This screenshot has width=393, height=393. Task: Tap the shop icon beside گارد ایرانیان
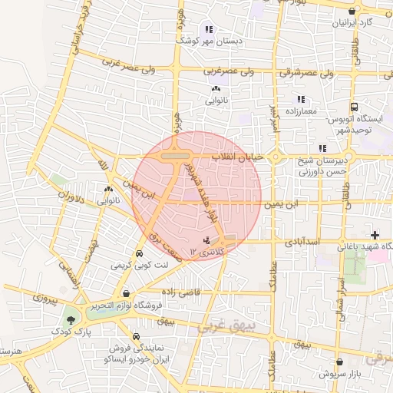pyautogui.click(x=352, y=11)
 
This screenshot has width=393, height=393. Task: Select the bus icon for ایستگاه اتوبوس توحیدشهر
pyautogui.click(x=354, y=108)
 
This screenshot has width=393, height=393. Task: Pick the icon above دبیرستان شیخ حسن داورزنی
pyautogui.click(x=321, y=148)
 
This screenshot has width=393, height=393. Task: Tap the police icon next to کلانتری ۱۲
pyautogui.click(x=205, y=240)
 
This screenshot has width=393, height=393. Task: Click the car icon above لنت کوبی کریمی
pyautogui.click(x=138, y=253)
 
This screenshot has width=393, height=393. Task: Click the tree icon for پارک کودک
pyautogui.click(x=71, y=318)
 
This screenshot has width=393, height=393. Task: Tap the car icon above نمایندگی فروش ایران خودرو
pyautogui.click(x=136, y=336)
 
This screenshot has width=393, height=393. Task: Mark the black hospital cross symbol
pyautogui.click(x=375, y=234)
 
